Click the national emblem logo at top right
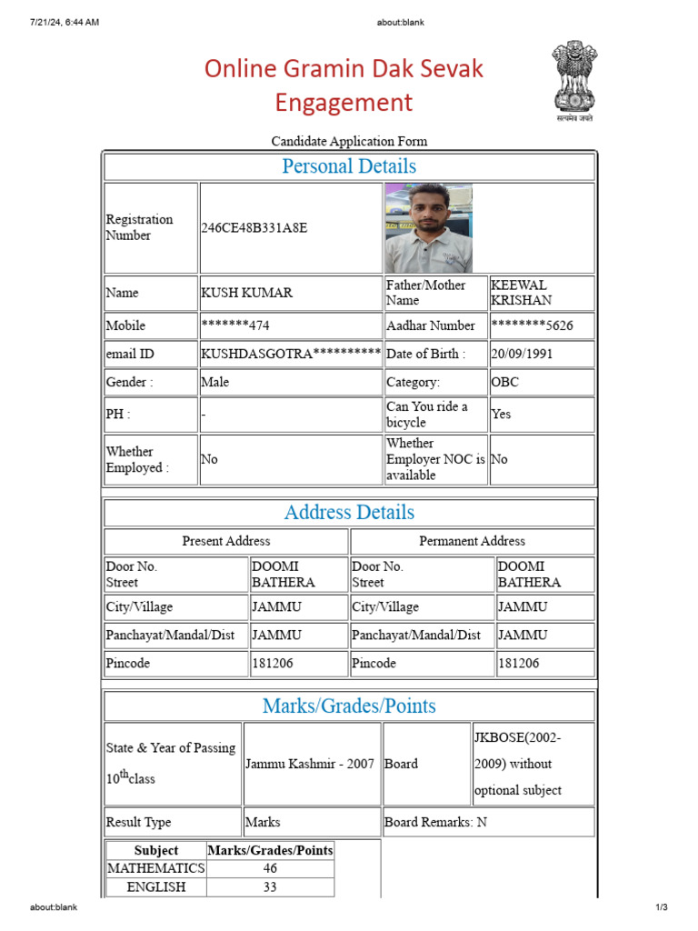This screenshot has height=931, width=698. point(574,79)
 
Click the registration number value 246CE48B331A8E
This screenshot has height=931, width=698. point(254,227)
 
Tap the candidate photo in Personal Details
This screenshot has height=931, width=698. point(428,227)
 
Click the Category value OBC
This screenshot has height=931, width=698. point(505,382)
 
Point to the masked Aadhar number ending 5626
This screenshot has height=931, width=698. point(532,325)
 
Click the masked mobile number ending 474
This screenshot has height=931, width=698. point(235,325)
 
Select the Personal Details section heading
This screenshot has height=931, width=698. point(349,166)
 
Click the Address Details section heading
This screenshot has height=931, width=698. point(349,513)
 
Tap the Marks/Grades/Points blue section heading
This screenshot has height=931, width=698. point(349,706)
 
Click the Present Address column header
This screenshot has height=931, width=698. point(226,541)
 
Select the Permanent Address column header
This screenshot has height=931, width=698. point(472,541)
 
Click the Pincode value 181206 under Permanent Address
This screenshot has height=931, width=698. point(519,664)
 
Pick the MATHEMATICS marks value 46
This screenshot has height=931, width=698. point(270,868)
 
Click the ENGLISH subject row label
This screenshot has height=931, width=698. point(156,886)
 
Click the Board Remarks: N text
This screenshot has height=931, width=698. point(435,822)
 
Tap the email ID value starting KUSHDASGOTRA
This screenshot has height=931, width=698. point(290,354)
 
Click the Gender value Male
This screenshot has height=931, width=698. point(215,382)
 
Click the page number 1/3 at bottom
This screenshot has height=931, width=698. point(662,907)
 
